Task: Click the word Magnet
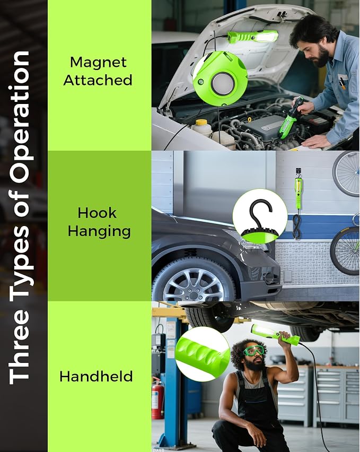point(98,62)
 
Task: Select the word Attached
point(98,80)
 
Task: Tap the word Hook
point(97,213)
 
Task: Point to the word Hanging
point(99,231)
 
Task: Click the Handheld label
point(96,377)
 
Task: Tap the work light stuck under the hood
point(253,37)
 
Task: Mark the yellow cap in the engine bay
point(201,122)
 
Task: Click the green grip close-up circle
point(203,354)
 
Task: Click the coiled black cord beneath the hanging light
point(296,227)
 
